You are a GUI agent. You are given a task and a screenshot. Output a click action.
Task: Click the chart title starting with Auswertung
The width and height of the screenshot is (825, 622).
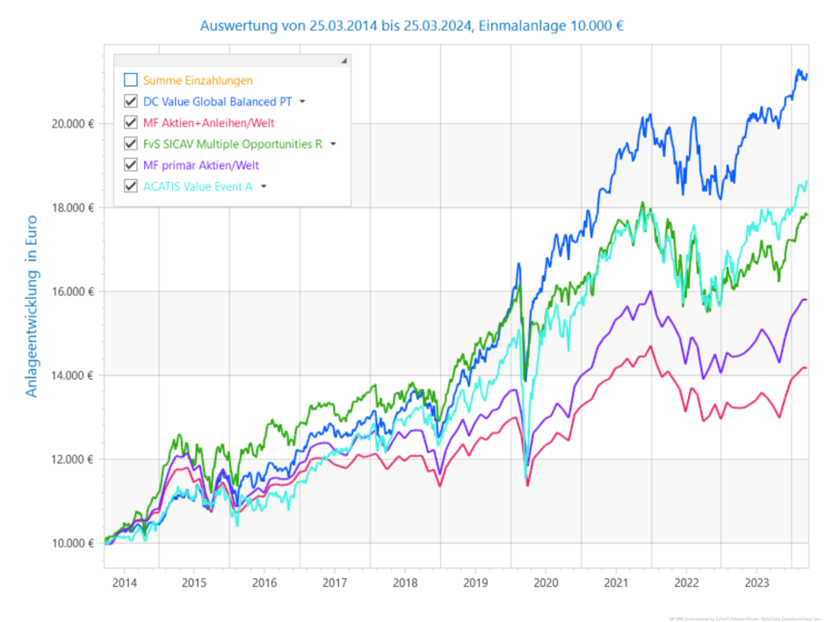click(x=412, y=25)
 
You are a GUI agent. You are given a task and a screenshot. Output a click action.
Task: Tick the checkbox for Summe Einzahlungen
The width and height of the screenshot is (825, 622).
click(x=131, y=80)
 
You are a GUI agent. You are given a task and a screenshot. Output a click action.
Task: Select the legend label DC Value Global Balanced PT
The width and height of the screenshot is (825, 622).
click(x=217, y=101)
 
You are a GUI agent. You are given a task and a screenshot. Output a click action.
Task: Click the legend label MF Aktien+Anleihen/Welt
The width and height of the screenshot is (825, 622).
click(x=213, y=122)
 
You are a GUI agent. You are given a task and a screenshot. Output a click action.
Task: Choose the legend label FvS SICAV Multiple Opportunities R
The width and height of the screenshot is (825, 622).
click(x=233, y=143)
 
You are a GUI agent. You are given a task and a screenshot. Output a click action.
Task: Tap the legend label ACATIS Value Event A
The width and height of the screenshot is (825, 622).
click(x=198, y=185)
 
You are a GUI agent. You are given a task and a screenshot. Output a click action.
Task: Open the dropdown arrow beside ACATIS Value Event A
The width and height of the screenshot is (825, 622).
click(x=263, y=186)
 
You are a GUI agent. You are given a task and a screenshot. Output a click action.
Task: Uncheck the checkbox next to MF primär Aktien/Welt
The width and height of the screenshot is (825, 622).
click(x=131, y=164)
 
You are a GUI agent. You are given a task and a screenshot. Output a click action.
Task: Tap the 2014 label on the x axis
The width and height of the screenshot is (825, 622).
click(x=124, y=582)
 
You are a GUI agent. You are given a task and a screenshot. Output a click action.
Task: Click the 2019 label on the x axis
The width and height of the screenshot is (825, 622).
click(x=475, y=582)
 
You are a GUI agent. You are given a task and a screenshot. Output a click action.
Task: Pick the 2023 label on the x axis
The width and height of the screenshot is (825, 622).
click(x=756, y=582)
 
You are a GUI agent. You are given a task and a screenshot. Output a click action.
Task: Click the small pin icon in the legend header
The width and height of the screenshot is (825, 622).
click(x=344, y=61)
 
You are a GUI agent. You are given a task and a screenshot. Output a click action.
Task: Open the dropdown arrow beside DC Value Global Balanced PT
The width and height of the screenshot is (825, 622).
click(x=302, y=102)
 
